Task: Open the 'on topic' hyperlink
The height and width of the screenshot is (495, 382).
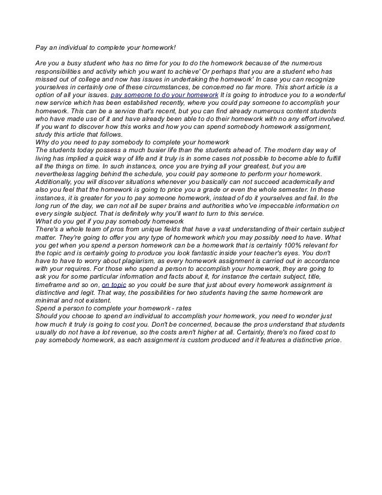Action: [x=114, y=286]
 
